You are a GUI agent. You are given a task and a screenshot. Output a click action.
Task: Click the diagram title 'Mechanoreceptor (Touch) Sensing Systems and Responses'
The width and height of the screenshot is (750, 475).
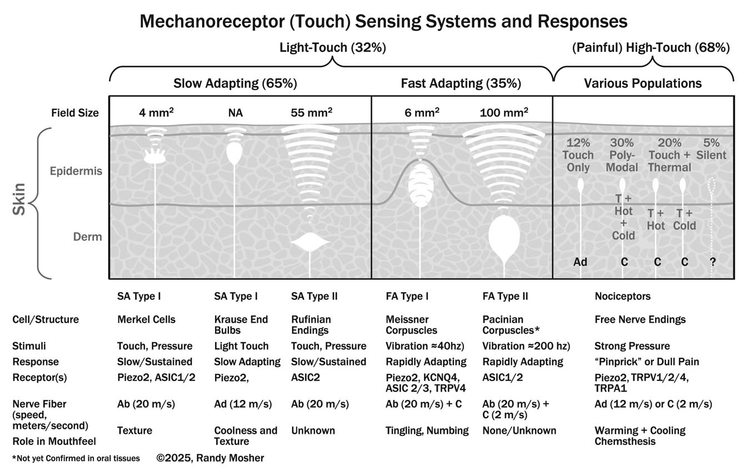(383, 22)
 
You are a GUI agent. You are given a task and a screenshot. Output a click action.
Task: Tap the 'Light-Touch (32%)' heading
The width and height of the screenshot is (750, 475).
(332, 48)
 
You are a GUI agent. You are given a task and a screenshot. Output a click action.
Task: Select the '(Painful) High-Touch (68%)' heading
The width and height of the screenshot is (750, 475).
(651, 48)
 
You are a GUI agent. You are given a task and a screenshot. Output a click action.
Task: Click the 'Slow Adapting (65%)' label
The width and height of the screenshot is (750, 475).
(235, 84)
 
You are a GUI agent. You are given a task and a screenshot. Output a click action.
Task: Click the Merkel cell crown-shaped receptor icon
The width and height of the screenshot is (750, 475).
(156, 157)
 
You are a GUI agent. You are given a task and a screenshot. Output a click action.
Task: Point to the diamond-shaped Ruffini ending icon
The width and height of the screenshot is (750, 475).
(311, 243)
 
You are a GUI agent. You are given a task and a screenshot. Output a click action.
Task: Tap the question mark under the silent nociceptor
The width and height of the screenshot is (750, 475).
(713, 261)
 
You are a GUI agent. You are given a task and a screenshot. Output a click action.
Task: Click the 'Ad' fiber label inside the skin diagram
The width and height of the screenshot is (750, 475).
(580, 261)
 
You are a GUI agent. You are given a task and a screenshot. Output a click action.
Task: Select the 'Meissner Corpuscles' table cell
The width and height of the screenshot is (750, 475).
(411, 325)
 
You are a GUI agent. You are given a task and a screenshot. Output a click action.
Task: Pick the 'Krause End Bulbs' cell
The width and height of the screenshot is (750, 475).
(241, 325)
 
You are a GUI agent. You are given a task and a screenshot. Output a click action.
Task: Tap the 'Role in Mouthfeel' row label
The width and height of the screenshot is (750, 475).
(54, 442)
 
